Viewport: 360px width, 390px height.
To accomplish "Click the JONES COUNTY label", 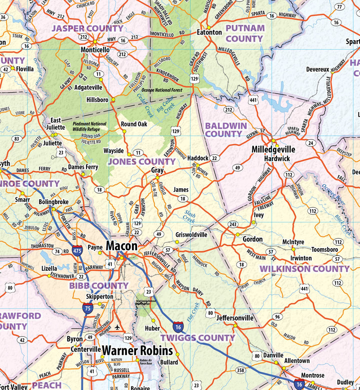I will click(141, 162).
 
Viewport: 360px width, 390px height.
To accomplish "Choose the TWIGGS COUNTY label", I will click(197, 338).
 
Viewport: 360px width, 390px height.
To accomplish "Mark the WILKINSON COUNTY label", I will click(304, 269).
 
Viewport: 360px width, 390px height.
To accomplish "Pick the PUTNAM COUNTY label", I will click(244, 33).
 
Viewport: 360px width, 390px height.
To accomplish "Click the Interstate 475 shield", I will click(77, 250).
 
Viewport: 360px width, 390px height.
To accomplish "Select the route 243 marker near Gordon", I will click(232, 224).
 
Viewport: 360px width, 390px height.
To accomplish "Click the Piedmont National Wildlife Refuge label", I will click(89, 126).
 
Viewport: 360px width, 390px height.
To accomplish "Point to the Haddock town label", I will click(197, 158).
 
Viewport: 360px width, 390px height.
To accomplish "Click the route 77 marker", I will click(340, 7).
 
